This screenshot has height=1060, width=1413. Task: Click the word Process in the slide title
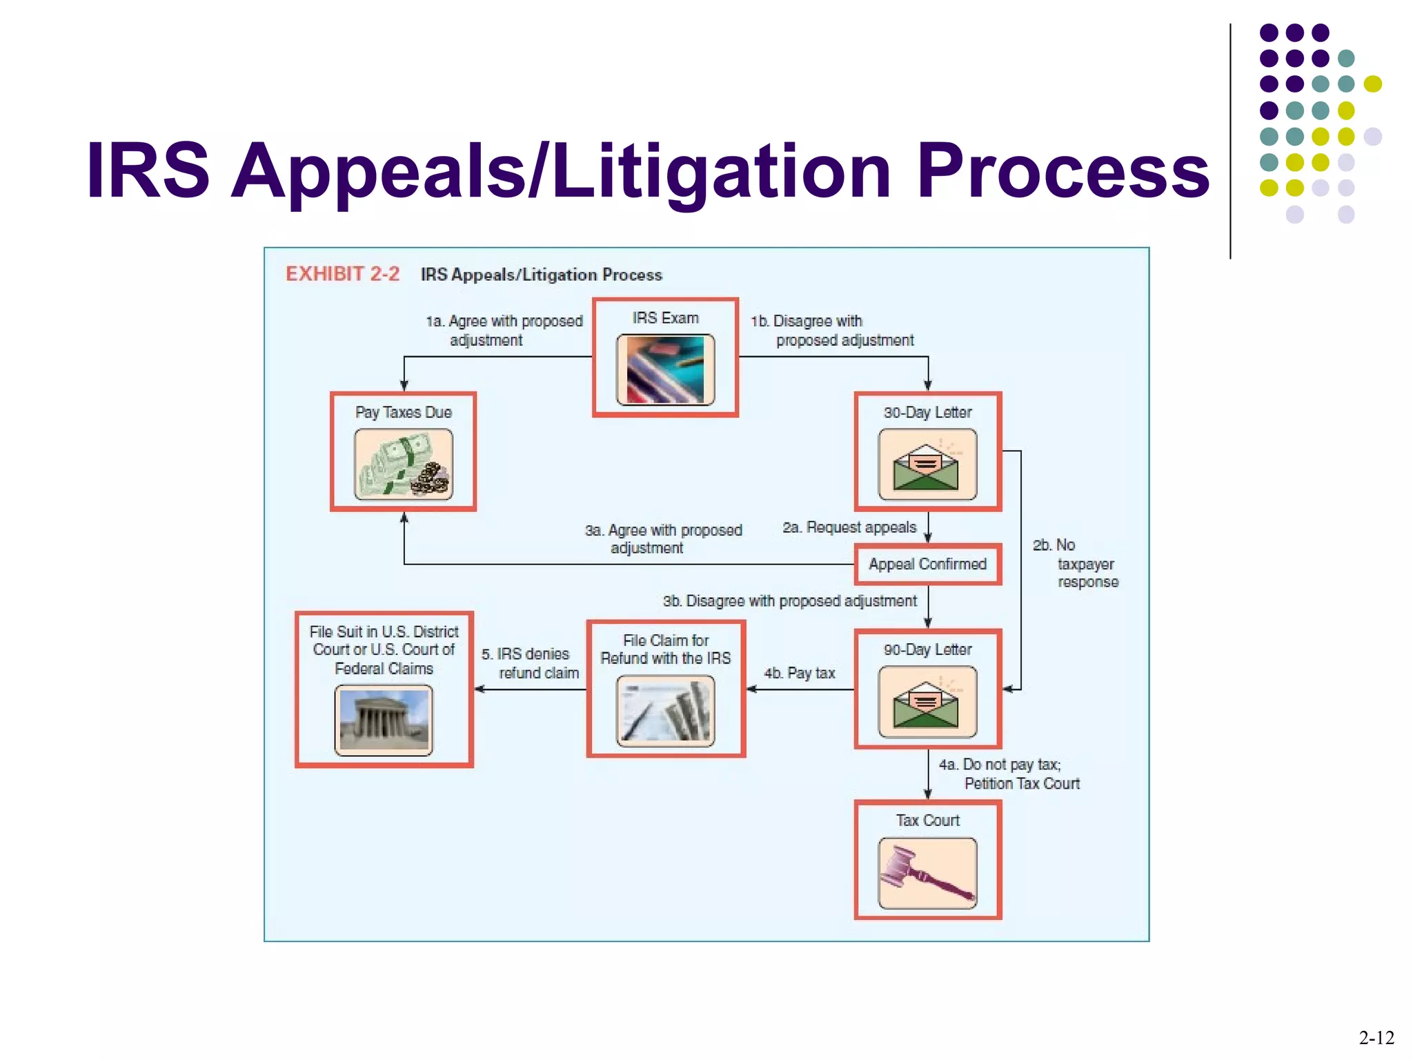(x=1063, y=170)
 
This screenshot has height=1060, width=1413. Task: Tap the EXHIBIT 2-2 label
(x=342, y=274)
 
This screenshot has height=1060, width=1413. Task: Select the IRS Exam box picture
(x=665, y=369)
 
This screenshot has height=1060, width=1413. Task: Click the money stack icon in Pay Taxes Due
(x=404, y=464)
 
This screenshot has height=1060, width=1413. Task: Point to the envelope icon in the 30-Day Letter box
(x=927, y=464)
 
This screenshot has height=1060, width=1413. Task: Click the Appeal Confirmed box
(x=927, y=565)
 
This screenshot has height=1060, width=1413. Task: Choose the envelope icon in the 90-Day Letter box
(x=927, y=702)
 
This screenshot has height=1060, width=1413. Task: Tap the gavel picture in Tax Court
(x=927, y=873)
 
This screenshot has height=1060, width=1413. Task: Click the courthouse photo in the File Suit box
(x=384, y=720)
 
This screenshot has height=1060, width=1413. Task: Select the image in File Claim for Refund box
(x=665, y=711)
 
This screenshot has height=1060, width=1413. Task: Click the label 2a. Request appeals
(x=849, y=527)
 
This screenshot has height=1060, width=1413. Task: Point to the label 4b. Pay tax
(x=799, y=673)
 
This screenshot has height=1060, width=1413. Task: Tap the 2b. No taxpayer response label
(x=1076, y=564)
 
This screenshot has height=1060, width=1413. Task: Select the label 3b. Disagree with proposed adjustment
(x=790, y=601)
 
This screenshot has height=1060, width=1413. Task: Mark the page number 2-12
(x=1376, y=1037)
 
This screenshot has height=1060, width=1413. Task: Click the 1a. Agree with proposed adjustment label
(x=504, y=331)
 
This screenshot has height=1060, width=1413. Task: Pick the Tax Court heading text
(x=927, y=821)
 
